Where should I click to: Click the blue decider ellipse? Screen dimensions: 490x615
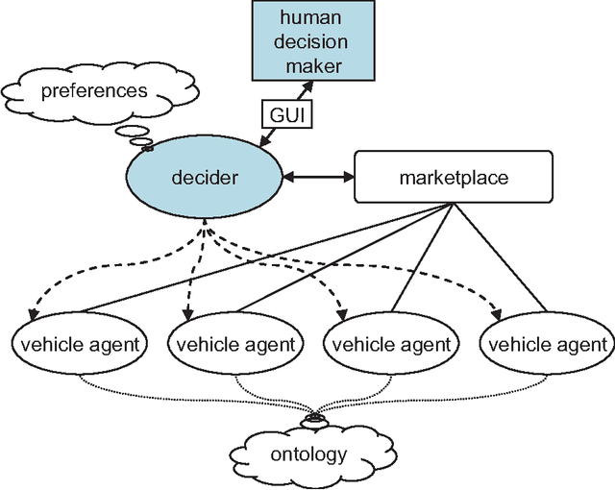click(205, 177)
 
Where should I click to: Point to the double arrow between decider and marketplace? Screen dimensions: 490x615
click(318, 178)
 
